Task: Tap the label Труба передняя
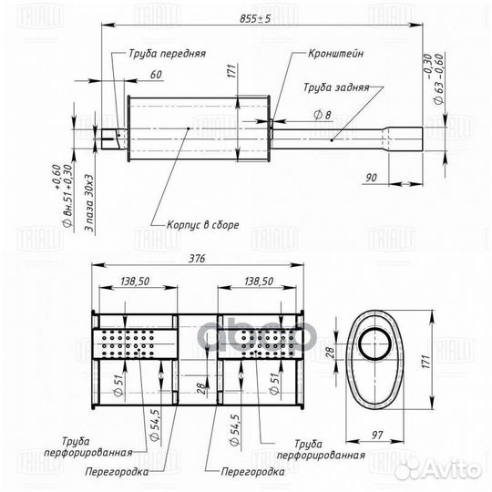pyautogui.click(x=167, y=54)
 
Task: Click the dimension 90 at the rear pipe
pyautogui.click(x=370, y=178)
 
